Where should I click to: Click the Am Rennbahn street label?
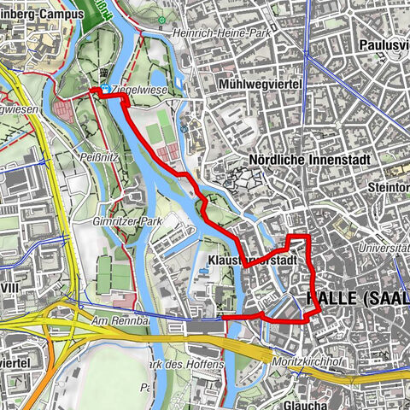tap(111, 319)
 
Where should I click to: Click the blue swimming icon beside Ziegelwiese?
tap(105, 89)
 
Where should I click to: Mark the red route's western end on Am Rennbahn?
tap(224, 318)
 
